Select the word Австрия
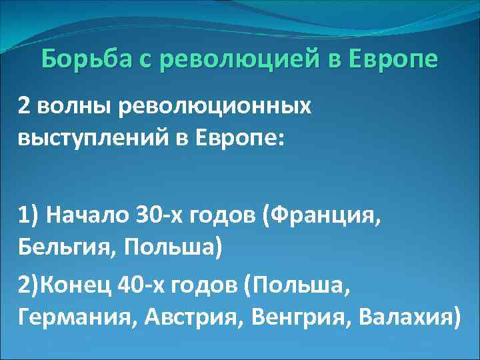pyautogui.click(x=184, y=317)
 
